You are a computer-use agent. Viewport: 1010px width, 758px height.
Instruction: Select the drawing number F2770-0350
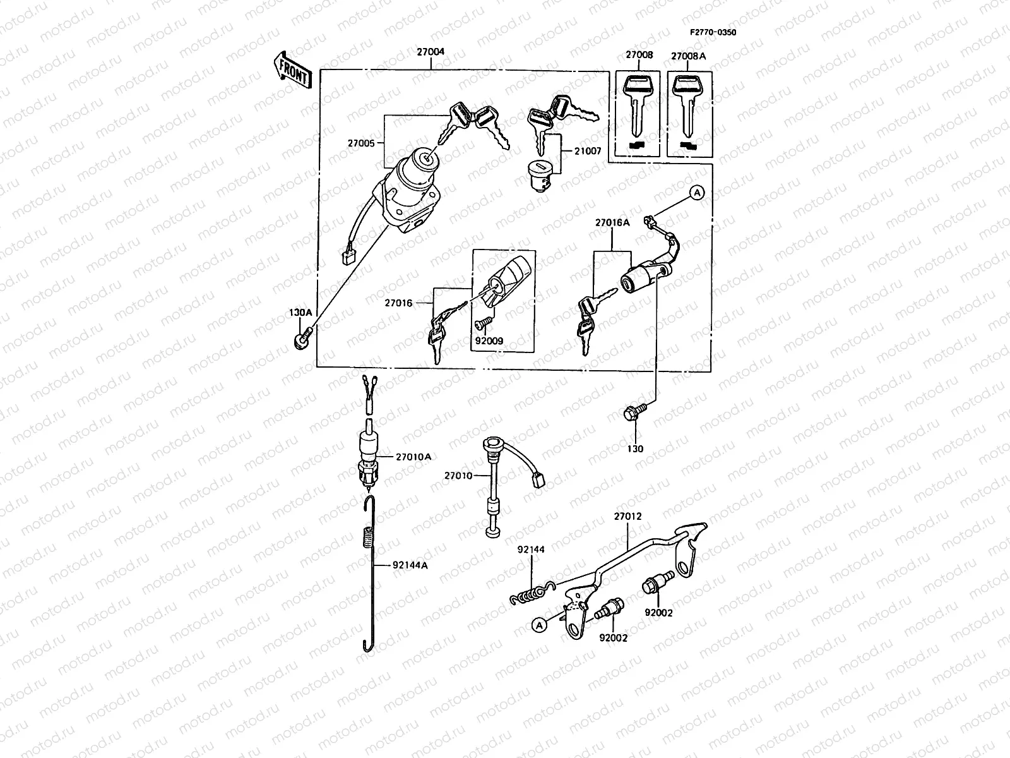(712, 32)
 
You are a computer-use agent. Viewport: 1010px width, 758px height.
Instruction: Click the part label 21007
(587, 152)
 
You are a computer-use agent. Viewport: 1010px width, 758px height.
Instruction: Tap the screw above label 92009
(480, 323)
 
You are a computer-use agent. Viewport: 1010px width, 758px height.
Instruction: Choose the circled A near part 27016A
(696, 193)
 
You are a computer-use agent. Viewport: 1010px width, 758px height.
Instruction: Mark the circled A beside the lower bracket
(538, 625)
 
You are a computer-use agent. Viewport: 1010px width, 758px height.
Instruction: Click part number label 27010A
(413, 457)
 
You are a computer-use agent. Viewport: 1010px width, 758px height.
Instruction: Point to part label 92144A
(410, 565)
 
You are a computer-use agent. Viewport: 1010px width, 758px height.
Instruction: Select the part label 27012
(627, 516)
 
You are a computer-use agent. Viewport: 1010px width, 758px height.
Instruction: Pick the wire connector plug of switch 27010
(537, 481)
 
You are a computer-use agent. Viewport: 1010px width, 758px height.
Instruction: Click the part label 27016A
(612, 222)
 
